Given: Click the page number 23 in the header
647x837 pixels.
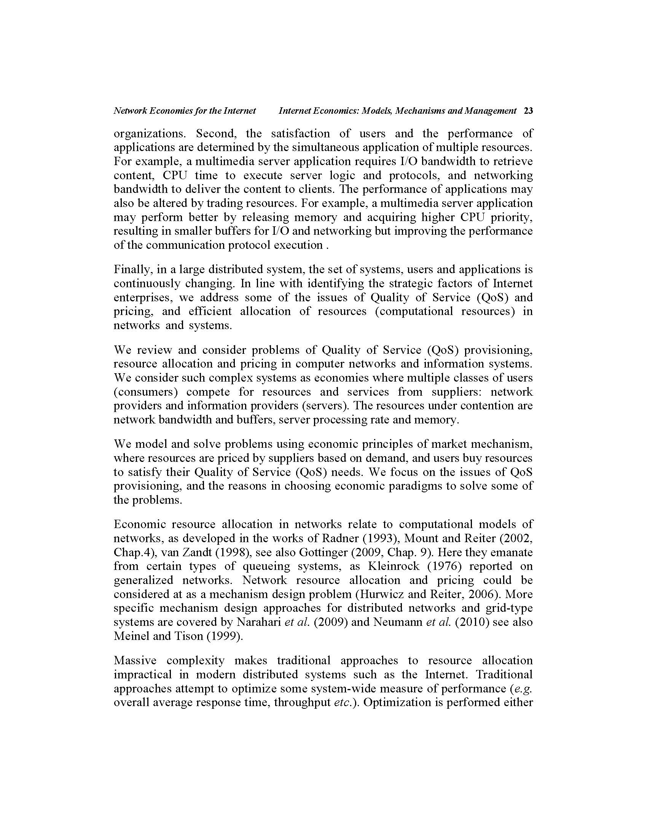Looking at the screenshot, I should click(x=528, y=111).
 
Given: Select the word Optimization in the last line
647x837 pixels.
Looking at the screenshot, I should click(x=397, y=702).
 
